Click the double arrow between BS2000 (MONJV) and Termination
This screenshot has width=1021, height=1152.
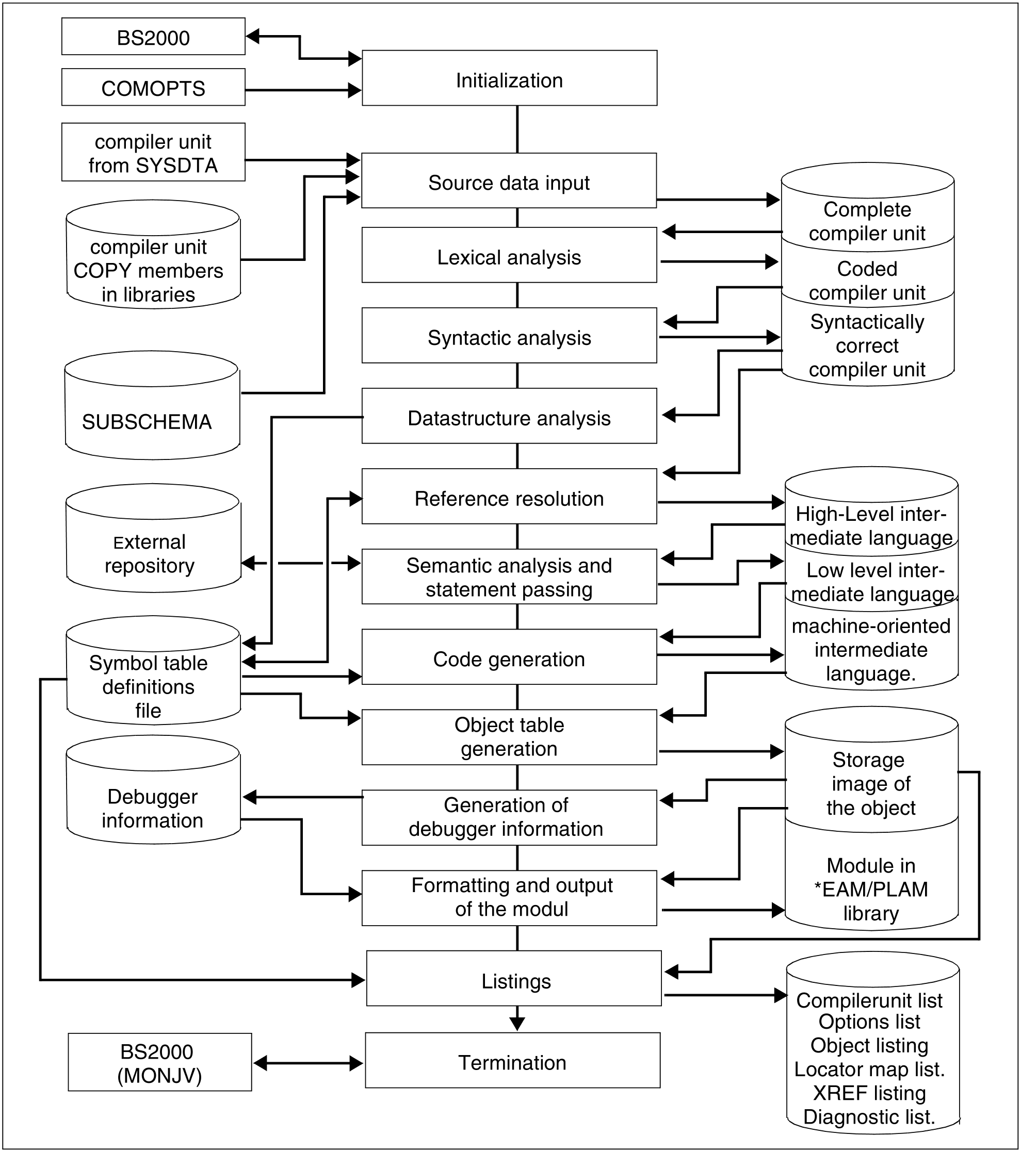308,1063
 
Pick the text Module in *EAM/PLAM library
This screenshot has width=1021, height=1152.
871,890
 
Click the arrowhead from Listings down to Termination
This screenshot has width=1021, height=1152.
517,1023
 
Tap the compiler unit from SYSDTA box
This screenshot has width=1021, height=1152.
153,152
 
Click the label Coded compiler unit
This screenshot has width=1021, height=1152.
867,281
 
